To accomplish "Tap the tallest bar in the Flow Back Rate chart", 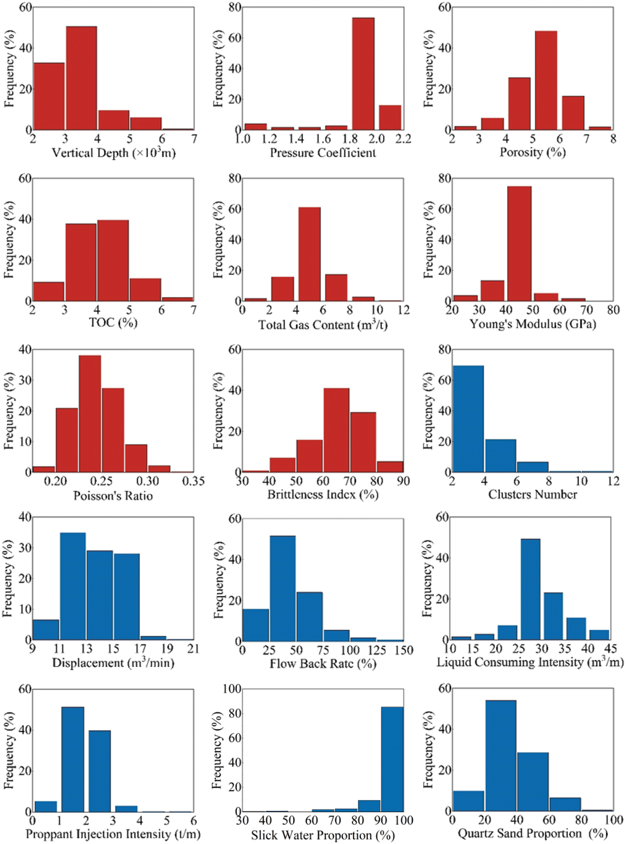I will click(283, 589).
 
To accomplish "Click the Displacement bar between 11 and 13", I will click(73, 586).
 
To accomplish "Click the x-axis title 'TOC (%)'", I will click(113, 323).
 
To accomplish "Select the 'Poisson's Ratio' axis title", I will click(113, 496).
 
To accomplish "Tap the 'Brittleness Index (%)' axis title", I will click(323, 495).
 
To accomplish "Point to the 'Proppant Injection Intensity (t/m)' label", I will click(113, 834).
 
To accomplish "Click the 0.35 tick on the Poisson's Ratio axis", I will click(193, 482).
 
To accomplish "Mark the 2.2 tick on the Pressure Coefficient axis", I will click(403, 139).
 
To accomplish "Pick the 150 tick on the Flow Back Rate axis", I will click(404, 650).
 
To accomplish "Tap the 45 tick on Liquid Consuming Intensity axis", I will click(611, 649).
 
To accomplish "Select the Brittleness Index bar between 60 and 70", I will click(336, 430).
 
